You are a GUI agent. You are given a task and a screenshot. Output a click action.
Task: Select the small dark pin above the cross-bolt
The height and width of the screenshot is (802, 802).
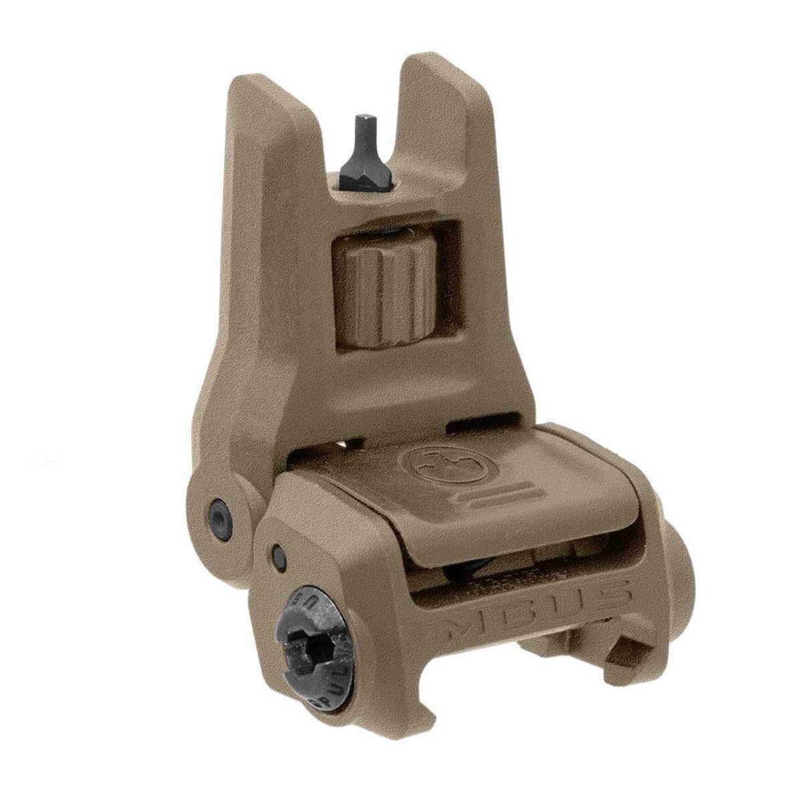coord(279,557)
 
